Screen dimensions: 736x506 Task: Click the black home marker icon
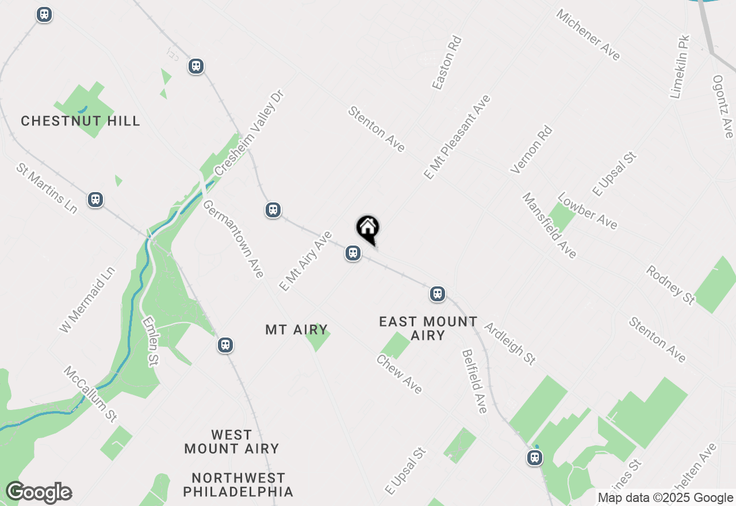pos(367,228)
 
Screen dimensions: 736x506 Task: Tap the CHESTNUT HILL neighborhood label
pos(80,121)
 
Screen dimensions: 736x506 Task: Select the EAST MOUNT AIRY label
pos(428,328)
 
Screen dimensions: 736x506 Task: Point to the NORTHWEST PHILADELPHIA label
pos(238,485)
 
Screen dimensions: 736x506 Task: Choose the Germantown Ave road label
pos(233,239)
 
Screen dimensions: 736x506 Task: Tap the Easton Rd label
pos(447,63)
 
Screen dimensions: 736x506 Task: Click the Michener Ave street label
pos(588,34)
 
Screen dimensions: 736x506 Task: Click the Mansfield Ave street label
pos(549,225)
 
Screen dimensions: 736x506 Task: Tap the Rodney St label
pos(670,285)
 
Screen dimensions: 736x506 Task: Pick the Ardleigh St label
pos(510,343)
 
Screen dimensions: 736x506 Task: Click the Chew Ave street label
pos(399,374)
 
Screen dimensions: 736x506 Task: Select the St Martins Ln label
pos(47,188)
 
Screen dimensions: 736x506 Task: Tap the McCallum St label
pos(90,394)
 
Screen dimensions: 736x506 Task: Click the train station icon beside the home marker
pos(353,253)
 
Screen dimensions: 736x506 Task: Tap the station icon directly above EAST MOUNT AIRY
pos(438,294)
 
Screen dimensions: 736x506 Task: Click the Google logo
pos(39,492)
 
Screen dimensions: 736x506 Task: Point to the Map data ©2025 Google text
pos(665,498)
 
